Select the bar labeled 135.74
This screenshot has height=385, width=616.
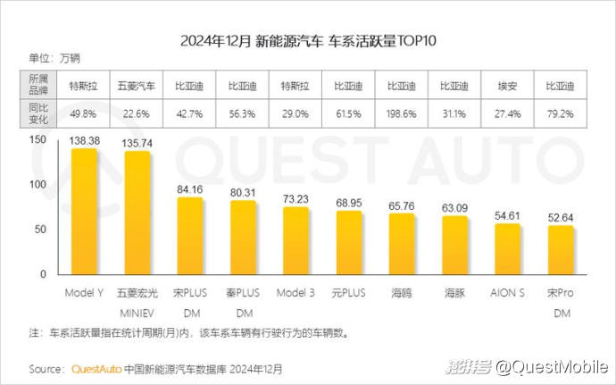coord(137,215)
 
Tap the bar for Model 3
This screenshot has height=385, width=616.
coord(296,244)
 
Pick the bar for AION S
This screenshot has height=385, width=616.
coord(507,252)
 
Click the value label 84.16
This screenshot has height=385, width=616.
coord(189,188)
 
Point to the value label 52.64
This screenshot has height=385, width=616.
coord(560,216)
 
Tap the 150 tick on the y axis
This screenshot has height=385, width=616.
coord(37,140)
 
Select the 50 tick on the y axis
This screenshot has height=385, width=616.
coord(40,230)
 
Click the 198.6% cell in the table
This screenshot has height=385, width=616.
coord(402,113)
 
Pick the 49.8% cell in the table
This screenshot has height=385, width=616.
coord(83,113)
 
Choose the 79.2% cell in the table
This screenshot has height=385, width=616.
coord(560,113)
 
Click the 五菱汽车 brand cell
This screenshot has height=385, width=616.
coord(137,87)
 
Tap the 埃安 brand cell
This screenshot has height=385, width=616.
coord(507,87)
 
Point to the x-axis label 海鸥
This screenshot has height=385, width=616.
coord(402,292)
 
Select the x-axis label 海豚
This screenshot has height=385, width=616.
coord(454,292)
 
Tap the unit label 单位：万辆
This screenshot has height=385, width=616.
coord(55,59)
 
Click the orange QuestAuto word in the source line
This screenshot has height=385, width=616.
coord(96,368)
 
